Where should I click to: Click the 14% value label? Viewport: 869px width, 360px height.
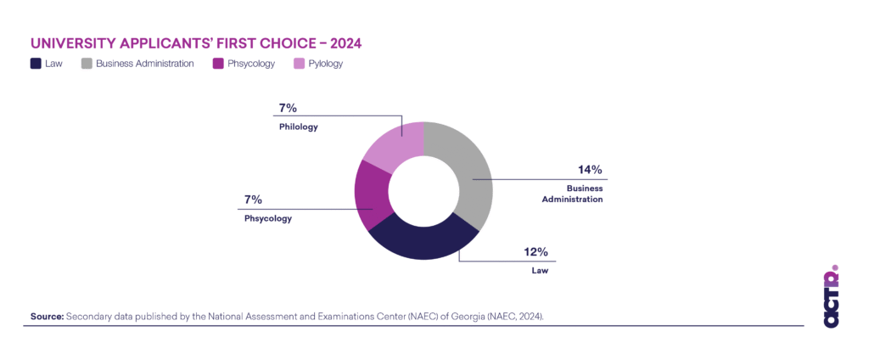[x=590, y=170]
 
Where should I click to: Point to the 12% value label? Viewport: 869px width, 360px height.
[x=536, y=252]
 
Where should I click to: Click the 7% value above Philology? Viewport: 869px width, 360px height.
[x=287, y=108]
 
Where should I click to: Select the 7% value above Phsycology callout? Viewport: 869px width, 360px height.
[x=253, y=200]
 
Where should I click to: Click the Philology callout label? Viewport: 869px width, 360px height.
[x=299, y=127]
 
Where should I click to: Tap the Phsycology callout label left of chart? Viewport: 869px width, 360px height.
[x=267, y=218]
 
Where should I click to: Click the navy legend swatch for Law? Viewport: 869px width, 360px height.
[x=36, y=64]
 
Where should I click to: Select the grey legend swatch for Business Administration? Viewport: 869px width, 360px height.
[x=87, y=64]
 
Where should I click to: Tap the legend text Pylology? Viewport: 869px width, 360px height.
[x=325, y=64]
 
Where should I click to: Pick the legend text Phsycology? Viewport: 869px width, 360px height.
[x=251, y=64]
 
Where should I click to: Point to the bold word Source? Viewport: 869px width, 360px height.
[x=47, y=317]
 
